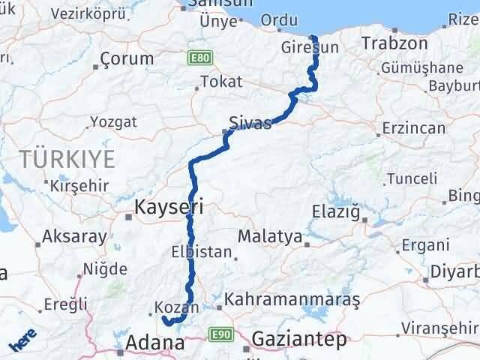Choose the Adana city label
(156, 343)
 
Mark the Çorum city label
(127, 58)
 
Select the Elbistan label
(202, 252)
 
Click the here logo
(22, 343)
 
